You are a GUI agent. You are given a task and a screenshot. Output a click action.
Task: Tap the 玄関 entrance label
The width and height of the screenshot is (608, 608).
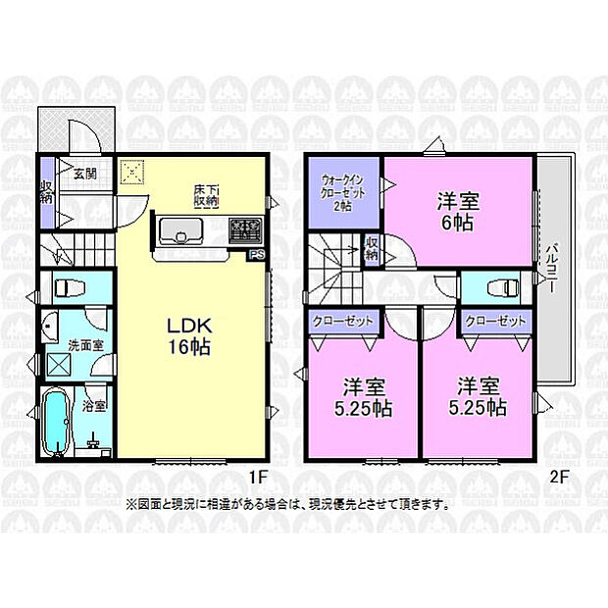(83, 174)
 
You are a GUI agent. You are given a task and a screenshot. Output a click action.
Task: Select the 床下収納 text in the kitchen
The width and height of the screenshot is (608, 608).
(206, 194)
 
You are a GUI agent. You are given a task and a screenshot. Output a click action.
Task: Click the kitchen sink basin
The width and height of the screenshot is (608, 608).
(181, 232)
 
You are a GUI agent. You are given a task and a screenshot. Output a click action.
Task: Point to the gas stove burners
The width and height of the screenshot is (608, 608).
(245, 231)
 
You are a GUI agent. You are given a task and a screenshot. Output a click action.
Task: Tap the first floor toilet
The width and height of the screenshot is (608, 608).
(69, 289)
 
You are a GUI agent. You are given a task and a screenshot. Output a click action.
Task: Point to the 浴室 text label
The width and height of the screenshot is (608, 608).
(95, 403)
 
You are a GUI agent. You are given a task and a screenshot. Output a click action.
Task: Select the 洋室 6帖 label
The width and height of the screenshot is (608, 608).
(458, 212)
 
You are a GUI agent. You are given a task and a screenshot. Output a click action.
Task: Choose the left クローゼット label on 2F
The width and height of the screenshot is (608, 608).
(343, 321)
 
